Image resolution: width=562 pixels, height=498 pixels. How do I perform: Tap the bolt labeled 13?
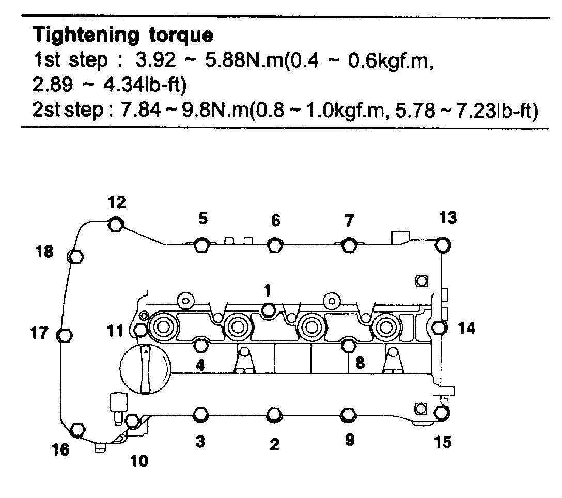[x=441, y=244]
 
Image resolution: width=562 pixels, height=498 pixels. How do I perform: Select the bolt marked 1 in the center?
[x=268, y=310]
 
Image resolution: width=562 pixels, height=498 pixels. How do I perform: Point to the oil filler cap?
[x=145, y=369]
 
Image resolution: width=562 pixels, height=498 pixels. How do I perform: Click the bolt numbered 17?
[x=64, y=335]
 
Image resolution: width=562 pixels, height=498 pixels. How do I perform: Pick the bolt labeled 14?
[x=439, y=328]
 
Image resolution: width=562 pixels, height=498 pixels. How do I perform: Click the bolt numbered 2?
[x=274, y=414]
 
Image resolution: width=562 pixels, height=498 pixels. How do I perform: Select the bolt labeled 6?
[x=275, y=245]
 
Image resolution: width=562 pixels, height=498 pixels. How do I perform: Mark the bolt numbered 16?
[x=77, y=429]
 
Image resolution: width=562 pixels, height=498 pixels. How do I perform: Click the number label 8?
[x=360, y=363]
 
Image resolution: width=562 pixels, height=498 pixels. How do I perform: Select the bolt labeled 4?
[x=201, y=344]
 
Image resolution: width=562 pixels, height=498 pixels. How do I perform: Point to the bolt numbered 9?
[x=349, y=414]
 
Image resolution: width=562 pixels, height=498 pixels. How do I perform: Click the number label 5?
[x=203, y=219]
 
